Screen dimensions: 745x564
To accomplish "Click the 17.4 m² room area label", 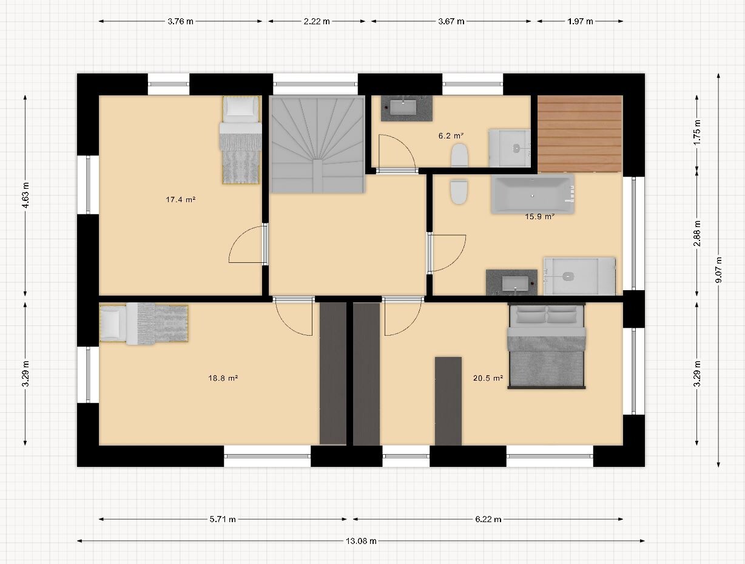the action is [x=181, y=200].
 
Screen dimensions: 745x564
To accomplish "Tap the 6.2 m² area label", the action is [x=451, y=136].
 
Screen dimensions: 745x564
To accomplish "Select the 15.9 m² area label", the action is [x=540, y=217].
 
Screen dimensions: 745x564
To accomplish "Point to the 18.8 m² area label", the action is [x=223, y=378].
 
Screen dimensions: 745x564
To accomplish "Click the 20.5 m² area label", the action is [x=488, y=378].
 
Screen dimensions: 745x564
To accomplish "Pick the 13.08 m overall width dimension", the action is [x=361, y=540].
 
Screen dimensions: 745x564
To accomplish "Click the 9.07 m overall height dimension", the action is [x=718, y=270].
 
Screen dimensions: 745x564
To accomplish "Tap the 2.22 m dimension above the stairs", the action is [x=317, y=21].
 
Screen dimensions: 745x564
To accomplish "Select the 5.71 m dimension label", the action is [x=223, y=519].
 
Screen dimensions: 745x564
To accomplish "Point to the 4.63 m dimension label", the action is [x=25, y=195].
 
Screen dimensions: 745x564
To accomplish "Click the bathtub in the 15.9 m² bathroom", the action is [x=533, y=194].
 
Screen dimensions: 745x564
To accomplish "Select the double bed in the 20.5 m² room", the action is [x=547, y=345].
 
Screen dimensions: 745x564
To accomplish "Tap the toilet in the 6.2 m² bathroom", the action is [x=459, y=155].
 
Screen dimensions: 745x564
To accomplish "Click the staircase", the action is [x=317, y=144].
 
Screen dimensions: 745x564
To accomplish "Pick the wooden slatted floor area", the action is [x=580, y=134].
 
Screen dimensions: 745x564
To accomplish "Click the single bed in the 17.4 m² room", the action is [x=241, y=140].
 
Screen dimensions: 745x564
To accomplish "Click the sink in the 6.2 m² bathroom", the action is [x=406, y=108].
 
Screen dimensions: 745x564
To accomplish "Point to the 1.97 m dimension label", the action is [x=580, y=21].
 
